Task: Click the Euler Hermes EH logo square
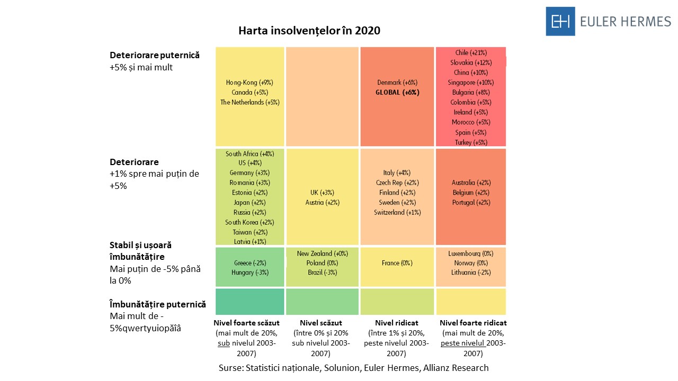click(x=560, y=21)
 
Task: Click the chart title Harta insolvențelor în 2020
click(x=309, y=31)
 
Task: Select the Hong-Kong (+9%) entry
click(x=249, y=83)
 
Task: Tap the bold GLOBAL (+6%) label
click(x=397, y=92)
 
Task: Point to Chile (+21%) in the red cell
click(x=471, y=53)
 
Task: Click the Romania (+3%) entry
click(x=249, y=183)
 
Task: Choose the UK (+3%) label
click(x=322, y=193)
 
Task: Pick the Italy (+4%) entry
click(x=397, y=173)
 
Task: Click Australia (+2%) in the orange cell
click(x=471, y=183)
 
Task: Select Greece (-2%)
click(x=249, y=263)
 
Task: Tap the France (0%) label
click(x=397, y=263)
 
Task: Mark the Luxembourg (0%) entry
click(x=471, y=253)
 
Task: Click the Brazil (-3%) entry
click(x=322, y=273)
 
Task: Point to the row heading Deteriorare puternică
click(x=155, y=55)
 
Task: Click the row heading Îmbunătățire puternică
click(x=157, y=304)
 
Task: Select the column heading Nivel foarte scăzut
click(x=246, y=323)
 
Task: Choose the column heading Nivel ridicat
click(x=397, y=323)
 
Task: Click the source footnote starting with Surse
click(x=353, y=368)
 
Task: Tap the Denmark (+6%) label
click(x=397, y=83)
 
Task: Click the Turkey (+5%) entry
click(x=471, y=142)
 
